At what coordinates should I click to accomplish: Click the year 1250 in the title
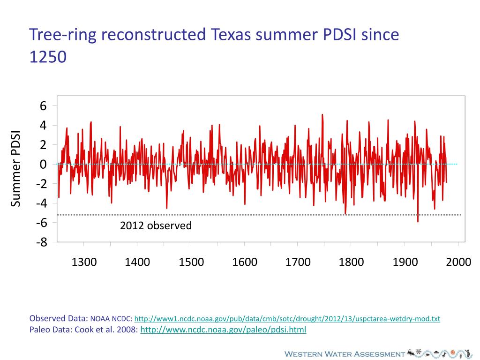[x=48, y=57]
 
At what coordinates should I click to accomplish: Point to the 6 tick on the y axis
[x=43, y=106]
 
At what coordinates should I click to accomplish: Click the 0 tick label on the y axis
[x=43, y=165]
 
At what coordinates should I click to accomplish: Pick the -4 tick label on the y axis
[x=41, y=203]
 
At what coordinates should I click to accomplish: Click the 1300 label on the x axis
[x=84, y=262]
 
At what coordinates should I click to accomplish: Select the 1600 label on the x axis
[x=245, y=262]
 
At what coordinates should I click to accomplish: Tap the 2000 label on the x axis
[x=458, y=262]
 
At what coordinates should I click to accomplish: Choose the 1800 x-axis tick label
[x=352, y=262]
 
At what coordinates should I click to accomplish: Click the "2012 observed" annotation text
[x=156, y=226]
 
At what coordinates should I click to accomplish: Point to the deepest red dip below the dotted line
[x=418, y=221]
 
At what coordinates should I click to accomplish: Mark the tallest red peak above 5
[x=322, y=115]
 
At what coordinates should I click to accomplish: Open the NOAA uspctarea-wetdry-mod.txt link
[x=287, y=319]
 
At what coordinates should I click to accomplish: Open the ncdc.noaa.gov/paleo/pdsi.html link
[x=223, y=330]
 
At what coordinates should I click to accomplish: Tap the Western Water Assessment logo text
[x=345, y=353]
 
